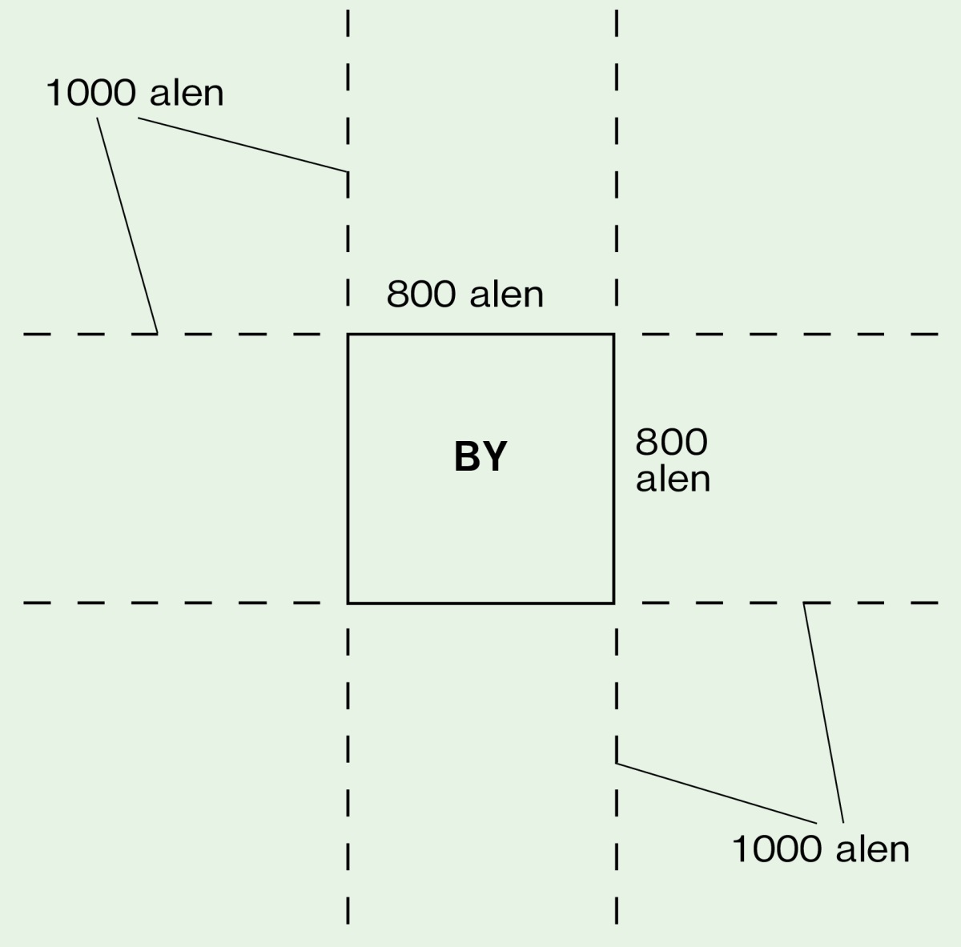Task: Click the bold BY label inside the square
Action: pos(480,457)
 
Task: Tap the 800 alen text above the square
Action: pos(464,295)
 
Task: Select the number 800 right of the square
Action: pos(671,442)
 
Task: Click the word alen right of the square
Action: pos(673,479)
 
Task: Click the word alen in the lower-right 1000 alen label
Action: pos(868,849)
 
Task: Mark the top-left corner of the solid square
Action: pos(348,334)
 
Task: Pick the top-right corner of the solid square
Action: pos(614,334)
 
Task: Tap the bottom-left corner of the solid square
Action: pos(348,602)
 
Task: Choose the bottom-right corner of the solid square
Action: pos(614,602)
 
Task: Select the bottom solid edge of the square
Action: pos(480,602)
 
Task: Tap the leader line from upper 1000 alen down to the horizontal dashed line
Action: pos(127,225)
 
